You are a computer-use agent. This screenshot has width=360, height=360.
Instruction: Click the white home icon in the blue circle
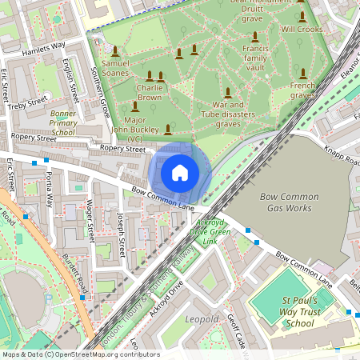coord(180,172)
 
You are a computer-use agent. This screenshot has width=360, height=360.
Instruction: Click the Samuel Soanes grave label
coord(115,68)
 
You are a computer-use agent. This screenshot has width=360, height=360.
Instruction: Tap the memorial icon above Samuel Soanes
coord(115,50)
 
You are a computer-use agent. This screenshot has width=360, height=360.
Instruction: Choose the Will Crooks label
coord(302,29)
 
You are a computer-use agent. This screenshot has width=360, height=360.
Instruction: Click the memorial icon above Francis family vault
coord(255,37)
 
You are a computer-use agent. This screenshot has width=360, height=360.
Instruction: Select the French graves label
coord(302,90)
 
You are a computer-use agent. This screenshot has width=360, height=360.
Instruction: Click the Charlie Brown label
coord(149,92)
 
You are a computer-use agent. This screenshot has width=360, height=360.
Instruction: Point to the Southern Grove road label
coord(102,92)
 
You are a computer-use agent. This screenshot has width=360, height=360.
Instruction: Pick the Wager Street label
coord(90,222)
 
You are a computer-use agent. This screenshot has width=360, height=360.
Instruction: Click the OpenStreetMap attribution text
coord(81,354)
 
